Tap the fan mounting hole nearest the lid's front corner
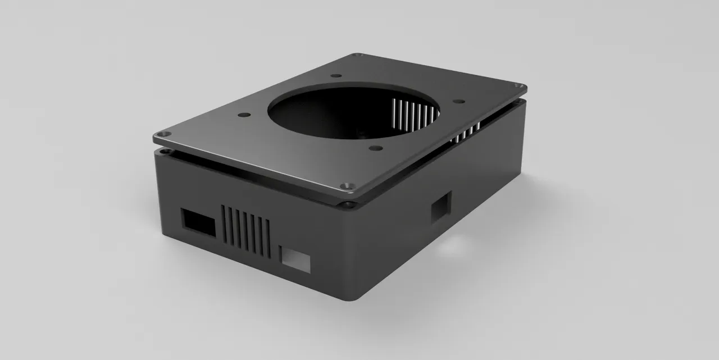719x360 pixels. [375, 148]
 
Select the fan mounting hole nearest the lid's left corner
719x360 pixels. [243, 115]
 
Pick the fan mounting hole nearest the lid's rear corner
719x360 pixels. [336, 76]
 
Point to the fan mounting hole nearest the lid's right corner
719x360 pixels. [458, 102]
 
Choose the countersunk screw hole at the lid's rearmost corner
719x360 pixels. [357, 56]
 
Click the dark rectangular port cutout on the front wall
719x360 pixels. [198, 222]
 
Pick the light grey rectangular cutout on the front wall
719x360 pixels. [295, 259]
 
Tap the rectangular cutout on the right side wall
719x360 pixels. [440, 207]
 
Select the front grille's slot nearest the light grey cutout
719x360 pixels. [267, 239]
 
